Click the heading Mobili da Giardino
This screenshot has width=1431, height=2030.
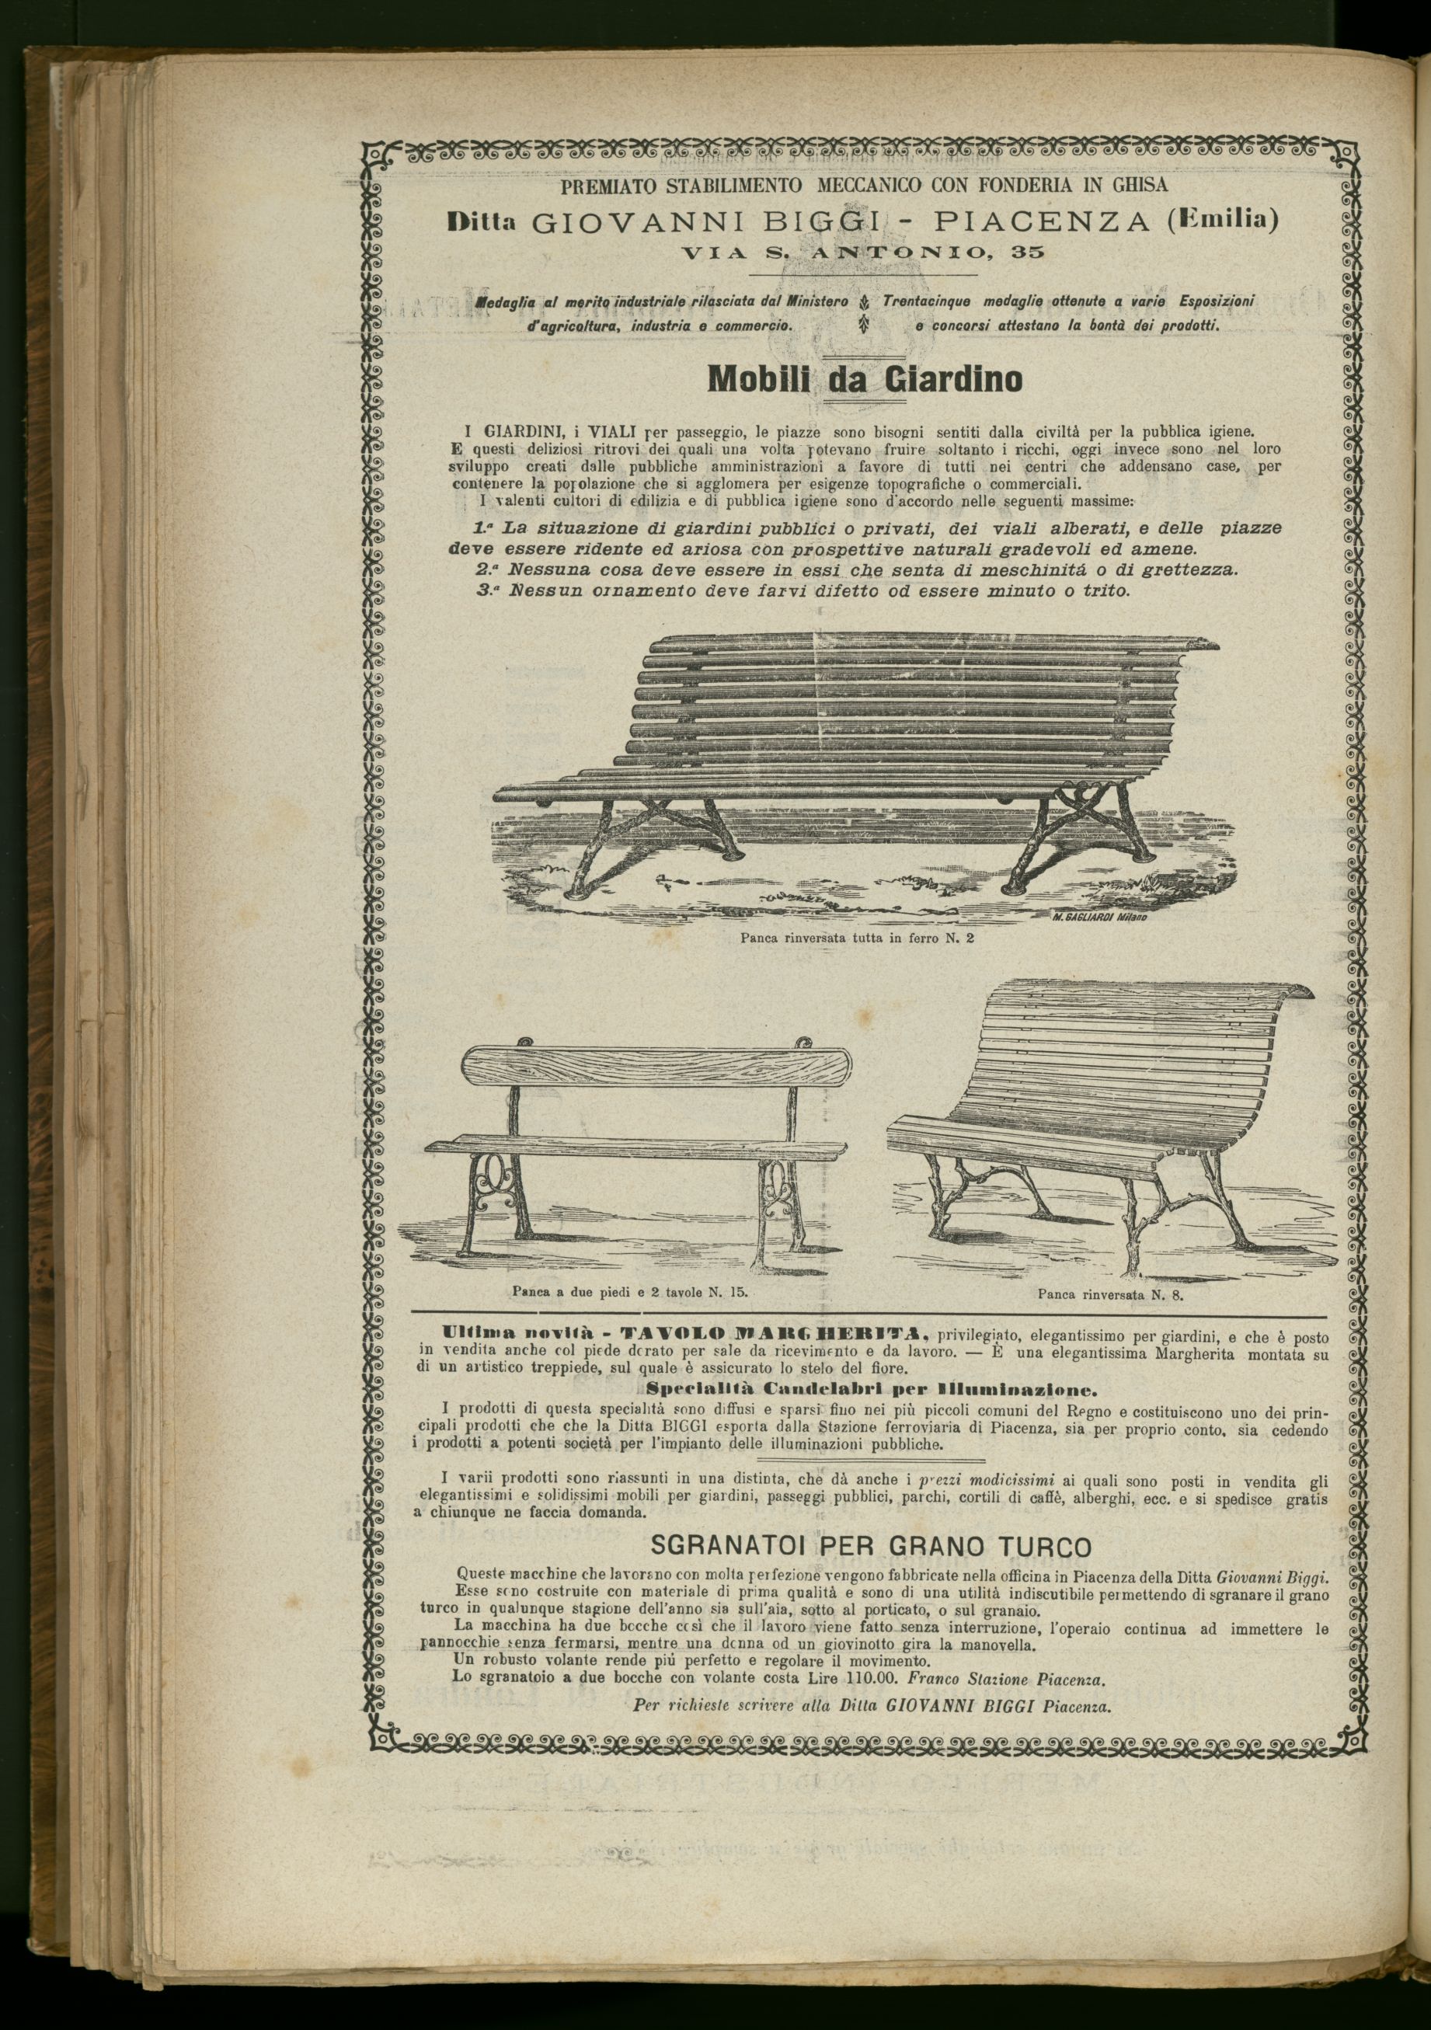[865, 379]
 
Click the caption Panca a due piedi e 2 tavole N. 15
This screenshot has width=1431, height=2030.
[629, 1291]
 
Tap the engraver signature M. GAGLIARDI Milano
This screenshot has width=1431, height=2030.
[1098, 918]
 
